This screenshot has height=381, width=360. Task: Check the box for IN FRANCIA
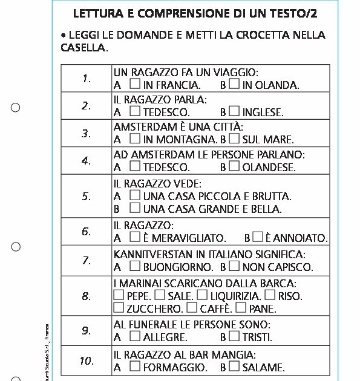135,84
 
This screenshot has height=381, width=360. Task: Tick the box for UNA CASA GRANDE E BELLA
135,209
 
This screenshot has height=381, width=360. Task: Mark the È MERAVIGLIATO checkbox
135,237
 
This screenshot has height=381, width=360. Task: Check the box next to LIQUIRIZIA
201,295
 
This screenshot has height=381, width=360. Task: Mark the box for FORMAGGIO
135,365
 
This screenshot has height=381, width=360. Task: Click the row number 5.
87,197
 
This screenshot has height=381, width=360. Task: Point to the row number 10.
87,361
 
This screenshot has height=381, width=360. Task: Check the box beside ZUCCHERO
119,308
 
